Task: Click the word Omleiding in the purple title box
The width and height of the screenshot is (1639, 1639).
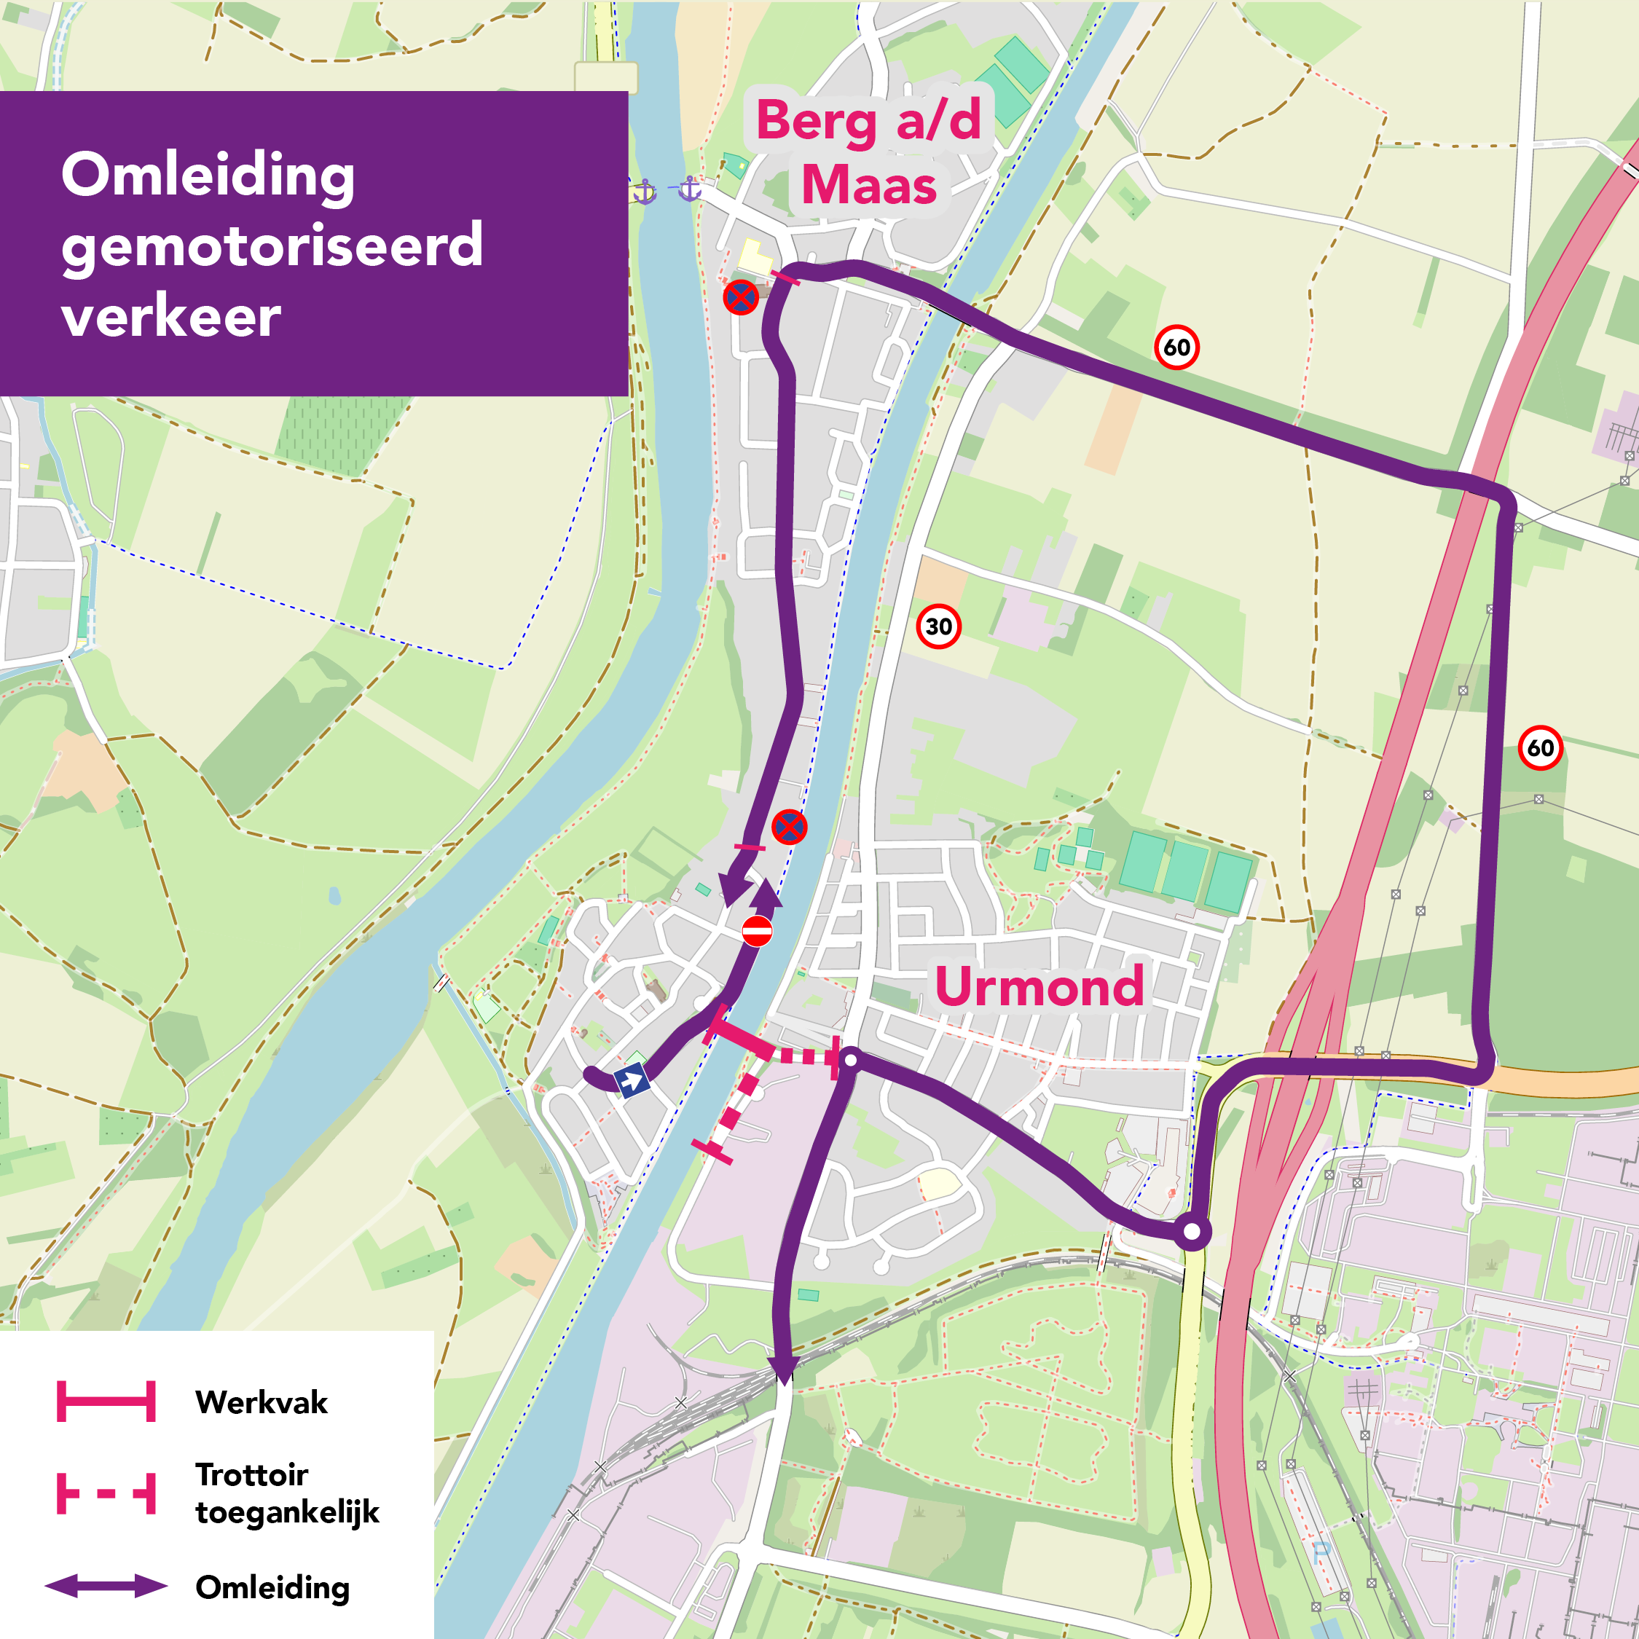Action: point(208,176)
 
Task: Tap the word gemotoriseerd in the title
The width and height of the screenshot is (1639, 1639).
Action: point(272,246)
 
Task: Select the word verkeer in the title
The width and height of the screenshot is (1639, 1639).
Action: point(170,316)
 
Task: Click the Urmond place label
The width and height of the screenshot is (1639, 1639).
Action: point(1039,986)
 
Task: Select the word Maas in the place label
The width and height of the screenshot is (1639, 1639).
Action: point(869,185)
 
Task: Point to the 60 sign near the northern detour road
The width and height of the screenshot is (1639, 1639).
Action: point(1176,347)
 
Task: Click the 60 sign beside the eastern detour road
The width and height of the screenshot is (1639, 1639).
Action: point(1540,748)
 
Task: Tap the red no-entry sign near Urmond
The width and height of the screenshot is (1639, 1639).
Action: point(757,931)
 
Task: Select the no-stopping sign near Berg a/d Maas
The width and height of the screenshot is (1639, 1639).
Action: point(741,298)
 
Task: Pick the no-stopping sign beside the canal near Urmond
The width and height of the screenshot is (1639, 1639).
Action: point(789,827)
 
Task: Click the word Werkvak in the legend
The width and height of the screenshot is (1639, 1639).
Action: point(261,1402)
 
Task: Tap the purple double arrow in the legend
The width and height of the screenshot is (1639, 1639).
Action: point(106,1587)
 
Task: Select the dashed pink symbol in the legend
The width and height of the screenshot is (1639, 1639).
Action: point(106,1494)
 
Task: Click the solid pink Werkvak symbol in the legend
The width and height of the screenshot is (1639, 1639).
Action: point(106,1402)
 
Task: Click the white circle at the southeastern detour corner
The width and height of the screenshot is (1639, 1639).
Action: point(1192,1231)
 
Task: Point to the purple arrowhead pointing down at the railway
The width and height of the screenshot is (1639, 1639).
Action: point(782,1367)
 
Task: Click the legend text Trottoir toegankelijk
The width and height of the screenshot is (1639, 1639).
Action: point(287,1494)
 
